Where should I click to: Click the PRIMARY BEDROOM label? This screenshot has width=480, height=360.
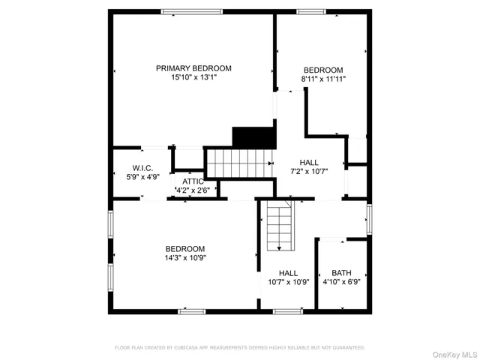[193, 68]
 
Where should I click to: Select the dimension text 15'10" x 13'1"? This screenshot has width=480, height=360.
[193, 77]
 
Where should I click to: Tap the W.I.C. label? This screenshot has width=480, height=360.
[142, 168]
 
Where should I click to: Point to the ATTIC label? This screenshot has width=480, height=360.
[193, 181]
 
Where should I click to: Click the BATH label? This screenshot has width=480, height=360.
[341, 273]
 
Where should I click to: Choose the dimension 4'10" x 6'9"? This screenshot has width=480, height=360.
[341, 282]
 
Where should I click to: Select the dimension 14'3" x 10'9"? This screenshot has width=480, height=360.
[185, 257]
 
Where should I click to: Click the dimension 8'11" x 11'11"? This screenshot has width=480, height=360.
[323, 79]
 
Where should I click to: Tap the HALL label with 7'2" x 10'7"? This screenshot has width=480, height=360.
[309, 162]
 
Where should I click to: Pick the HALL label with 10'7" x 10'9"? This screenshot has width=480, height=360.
[288, 273]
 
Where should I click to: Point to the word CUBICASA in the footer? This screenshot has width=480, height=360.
[193, 348]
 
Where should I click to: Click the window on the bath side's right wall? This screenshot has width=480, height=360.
[368, 219]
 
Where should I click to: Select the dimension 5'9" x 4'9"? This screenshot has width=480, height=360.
[142, 177]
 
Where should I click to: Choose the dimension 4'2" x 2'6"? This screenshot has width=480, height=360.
[193, 190]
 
